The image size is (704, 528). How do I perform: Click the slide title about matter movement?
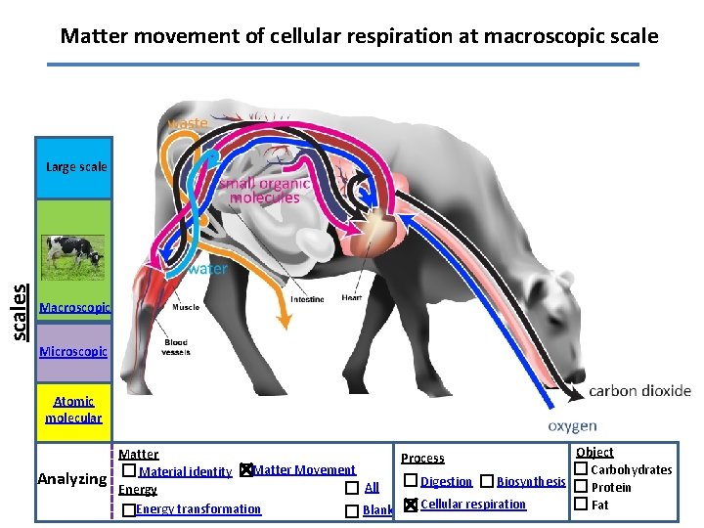[x=359, y=37]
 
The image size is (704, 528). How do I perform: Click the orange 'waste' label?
[x=187, y=123]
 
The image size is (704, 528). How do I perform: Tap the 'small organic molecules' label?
[x=264, y=191]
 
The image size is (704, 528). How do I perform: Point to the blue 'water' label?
[x=207, y=269]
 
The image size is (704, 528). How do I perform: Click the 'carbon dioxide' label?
[x=639, y=391]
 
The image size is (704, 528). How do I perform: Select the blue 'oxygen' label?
[x=572, y=426]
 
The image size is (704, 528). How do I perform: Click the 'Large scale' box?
[x=76, y=167]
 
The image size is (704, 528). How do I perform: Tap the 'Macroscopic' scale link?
[x=74, y=308]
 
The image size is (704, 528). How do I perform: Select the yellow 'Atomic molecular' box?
[x=73, y=410]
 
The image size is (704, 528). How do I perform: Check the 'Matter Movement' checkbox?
[x=246, y=470]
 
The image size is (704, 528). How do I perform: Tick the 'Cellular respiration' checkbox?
[x=410, y=505]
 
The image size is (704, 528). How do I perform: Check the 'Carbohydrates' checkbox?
[x=579, y=470]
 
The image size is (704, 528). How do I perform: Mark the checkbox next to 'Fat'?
[x=579, y=505]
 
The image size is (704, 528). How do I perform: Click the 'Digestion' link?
[x=446, y=481]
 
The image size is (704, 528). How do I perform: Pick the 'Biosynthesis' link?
[x=530, y=481]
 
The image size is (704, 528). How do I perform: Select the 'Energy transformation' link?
[x=198, y=509]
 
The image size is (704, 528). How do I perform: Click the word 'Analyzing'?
[x=71, y=479]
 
